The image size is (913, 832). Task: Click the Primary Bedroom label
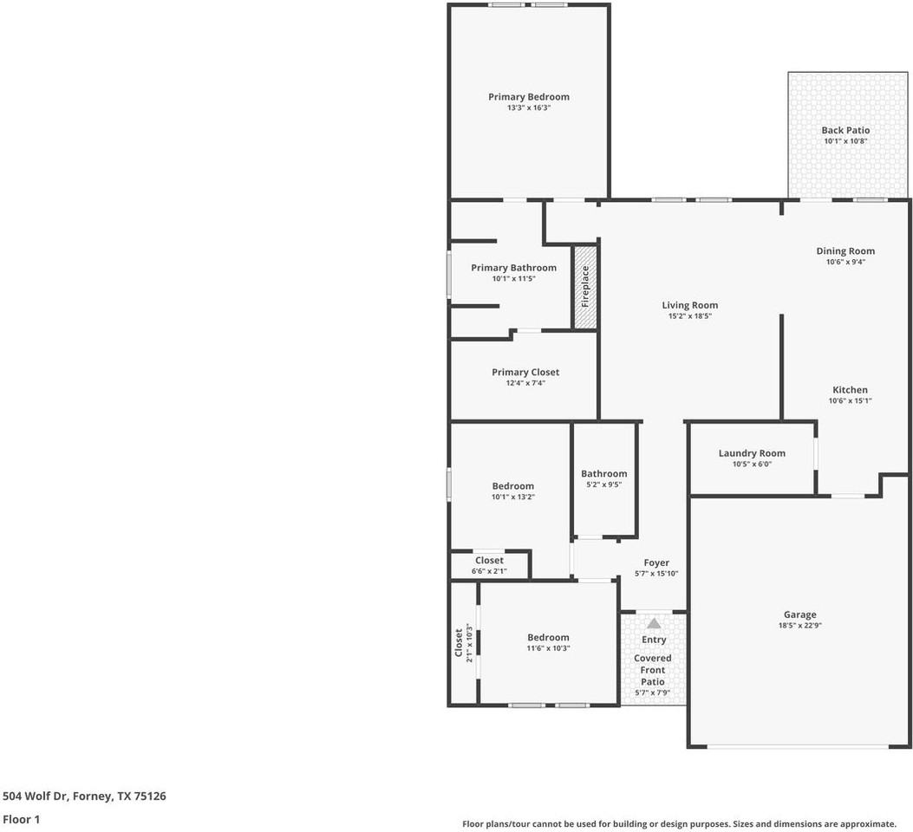pyautogui.click(x=528, y=97)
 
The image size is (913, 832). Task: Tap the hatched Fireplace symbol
pyautogui.click(x=586, y=287)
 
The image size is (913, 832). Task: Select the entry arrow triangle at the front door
pyautogui.click(x=654, y=623)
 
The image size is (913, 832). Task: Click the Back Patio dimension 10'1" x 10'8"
pyautogui.click(x=845, y=140)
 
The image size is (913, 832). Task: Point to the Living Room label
pyautogui.click(x=689, y=305)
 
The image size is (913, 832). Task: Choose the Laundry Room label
pyautogui.click(x=752, y=453)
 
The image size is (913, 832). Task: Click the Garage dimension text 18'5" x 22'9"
pyautogui.click(x=799, y=626)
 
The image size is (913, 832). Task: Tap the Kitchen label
pyautogui.click(x=850, y=390)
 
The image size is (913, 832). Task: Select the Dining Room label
pyautogui.click(x=845, y=251)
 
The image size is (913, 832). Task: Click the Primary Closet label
pyautogui.click(x=525, y=373)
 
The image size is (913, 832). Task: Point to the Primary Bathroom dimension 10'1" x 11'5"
pyautogui.click(x=513, y=279)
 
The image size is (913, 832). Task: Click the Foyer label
pyautogui.click(x=655, y=563)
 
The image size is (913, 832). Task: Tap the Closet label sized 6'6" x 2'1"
pyautogui.click(x=489, y=561)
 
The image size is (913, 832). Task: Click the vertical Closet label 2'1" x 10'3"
pyautogui.click(x=460, y=642)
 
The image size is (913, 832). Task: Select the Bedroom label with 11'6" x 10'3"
pyautogui.click(x=548, y=638)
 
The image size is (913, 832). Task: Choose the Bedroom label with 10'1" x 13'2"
pyautogui.click(x=513, y=486)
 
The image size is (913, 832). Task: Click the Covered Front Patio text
pyautogui.click(x=653, y=670)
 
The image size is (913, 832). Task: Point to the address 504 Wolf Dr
pyautogui.click(x=84, y=796)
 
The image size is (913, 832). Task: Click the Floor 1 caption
pyautogui.click(x=22, y=819)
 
